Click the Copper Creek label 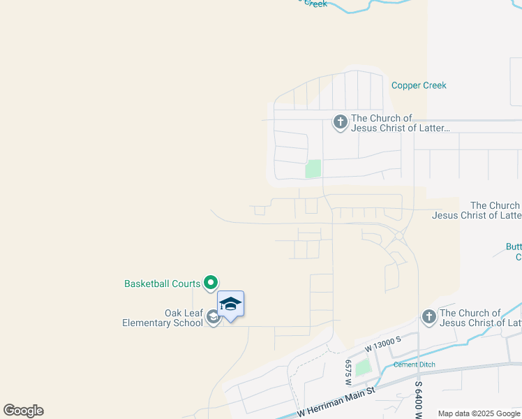pyautogui.click(x=419, y=85)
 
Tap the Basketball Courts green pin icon pyautogui.click(x=211, y=283)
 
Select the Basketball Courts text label pyautogui.click(x=162, y=284)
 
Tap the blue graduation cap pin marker pyautogui.click(x=230, y=304)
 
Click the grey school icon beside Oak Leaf pyautogui.click(x=214, y=318)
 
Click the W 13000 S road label pyautogui.click(x=383, y=343)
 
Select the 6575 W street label pyautogui.click(x=347, y=372)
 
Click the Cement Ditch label pyautogui.click(x=415, y=365)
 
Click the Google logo pyautogui.click(x=23, y=411)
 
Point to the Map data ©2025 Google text pyautogui.click(x=479, y=413)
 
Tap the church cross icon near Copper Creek pyautogui.click(x=340, y=123)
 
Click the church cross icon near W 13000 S pyautogui.click(x=428, y=318)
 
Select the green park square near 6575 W pyautogui.click(x=361, y=367)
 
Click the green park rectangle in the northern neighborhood pyautogui.click(x=313, y=168)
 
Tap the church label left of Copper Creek pyautogui.click(x=400, y=123)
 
